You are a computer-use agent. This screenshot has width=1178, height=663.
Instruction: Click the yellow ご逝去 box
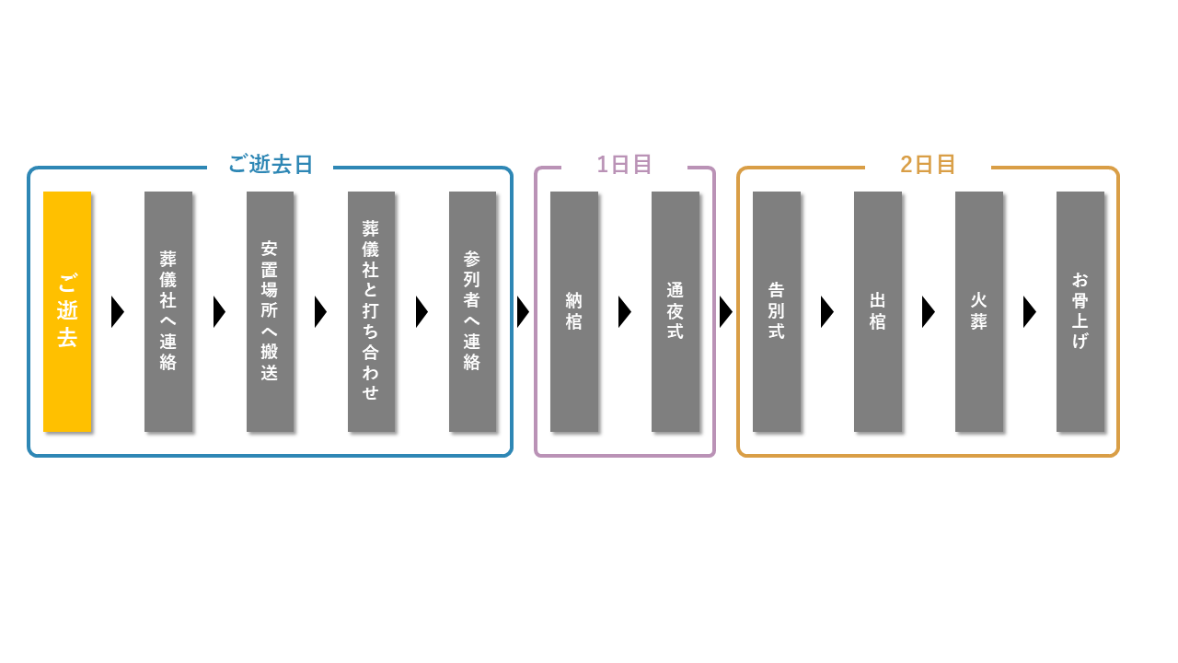[67, 311]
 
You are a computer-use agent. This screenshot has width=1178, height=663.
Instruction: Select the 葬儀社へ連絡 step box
[168, 311]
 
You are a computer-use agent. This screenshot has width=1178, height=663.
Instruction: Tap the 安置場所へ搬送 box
[270, 311]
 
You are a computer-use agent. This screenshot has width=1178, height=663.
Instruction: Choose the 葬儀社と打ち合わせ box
[371, 311]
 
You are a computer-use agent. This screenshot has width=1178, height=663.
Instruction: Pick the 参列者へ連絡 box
[472, 311]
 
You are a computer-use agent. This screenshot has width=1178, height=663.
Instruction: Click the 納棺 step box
[574, 311]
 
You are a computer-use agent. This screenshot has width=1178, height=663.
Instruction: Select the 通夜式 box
[676, 311]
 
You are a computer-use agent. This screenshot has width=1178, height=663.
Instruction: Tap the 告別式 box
[777, 311]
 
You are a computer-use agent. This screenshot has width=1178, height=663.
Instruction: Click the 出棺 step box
[878, 311]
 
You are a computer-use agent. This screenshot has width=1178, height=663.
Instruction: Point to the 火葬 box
[979, 311]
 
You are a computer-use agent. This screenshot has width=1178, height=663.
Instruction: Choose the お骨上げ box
[1080, 311]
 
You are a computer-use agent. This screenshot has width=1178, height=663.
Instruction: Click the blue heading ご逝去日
[271, 165]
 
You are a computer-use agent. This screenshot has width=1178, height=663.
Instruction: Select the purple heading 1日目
[624, 165]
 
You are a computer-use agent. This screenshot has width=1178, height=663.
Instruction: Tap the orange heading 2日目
[928, 165]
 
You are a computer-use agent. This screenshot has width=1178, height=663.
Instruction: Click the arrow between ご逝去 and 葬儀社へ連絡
[118, 312]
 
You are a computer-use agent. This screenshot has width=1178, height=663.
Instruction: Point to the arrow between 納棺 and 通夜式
[625, 312]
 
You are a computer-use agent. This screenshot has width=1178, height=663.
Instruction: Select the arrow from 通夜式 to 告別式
[726, 312]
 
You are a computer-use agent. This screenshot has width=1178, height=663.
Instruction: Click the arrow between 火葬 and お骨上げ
[1030, 312]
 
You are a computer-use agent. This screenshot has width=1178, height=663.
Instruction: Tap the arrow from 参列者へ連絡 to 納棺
[524, 312]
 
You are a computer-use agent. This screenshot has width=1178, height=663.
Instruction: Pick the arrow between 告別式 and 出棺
[827, 312]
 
